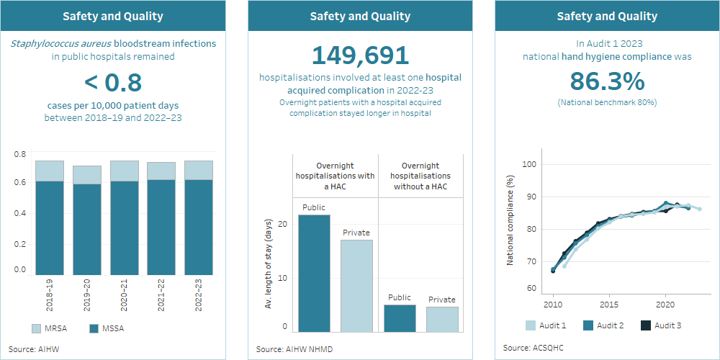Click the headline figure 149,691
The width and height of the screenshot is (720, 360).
pyautogui.click(x=360, y=56)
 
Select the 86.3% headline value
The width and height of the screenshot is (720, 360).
pyautogui.click(x=606, y=81)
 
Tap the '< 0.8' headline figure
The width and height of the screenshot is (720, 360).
pyautogui.click(x=113, y=83)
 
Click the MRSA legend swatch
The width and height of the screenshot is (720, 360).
pyautogui.click(x=36, y=329)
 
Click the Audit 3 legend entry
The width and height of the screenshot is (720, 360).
pyautogui.click(x=661, y=325)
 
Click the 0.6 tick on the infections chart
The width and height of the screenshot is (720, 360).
pyautogui.click(x=20, y=182)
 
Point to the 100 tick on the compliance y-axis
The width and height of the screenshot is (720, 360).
pyautogui.click(x=530, y=164)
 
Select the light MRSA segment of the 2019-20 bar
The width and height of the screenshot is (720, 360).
pyautogui.click(x=86, y=175)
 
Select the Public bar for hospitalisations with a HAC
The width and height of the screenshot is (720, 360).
pyautogui.click(x=314, y=274)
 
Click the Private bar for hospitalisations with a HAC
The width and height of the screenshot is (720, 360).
pyautogui.click(x=356, y=286)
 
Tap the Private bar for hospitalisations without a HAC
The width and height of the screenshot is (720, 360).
pyautogui.click(x=442, y=320)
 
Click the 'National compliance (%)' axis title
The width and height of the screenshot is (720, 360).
pyautogui.click(x=510, y=220)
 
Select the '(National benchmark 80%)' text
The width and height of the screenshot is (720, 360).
pyautogui.click(x=606, y=102)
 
